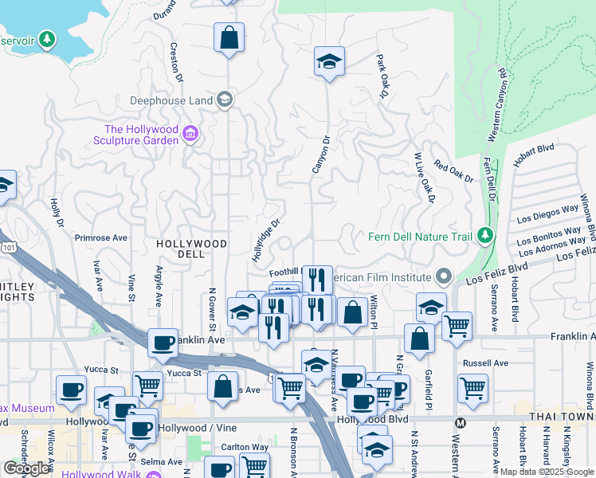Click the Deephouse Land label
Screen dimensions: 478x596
pos(171,100)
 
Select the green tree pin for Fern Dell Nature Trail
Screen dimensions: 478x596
pos(484,236)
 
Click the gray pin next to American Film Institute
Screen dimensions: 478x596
pos(445,277)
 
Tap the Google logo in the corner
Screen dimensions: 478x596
pos(27,468)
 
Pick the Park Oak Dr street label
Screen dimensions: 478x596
pos(382,76)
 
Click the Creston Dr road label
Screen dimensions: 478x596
pos(175,65)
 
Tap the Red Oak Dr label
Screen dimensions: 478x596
pos(453,172)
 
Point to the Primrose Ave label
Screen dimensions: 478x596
pos(101,237)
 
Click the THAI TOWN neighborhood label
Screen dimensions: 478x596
pos(563,417)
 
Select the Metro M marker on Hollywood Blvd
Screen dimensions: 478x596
pos(460,421)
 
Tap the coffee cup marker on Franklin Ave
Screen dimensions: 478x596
pos(163,343)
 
